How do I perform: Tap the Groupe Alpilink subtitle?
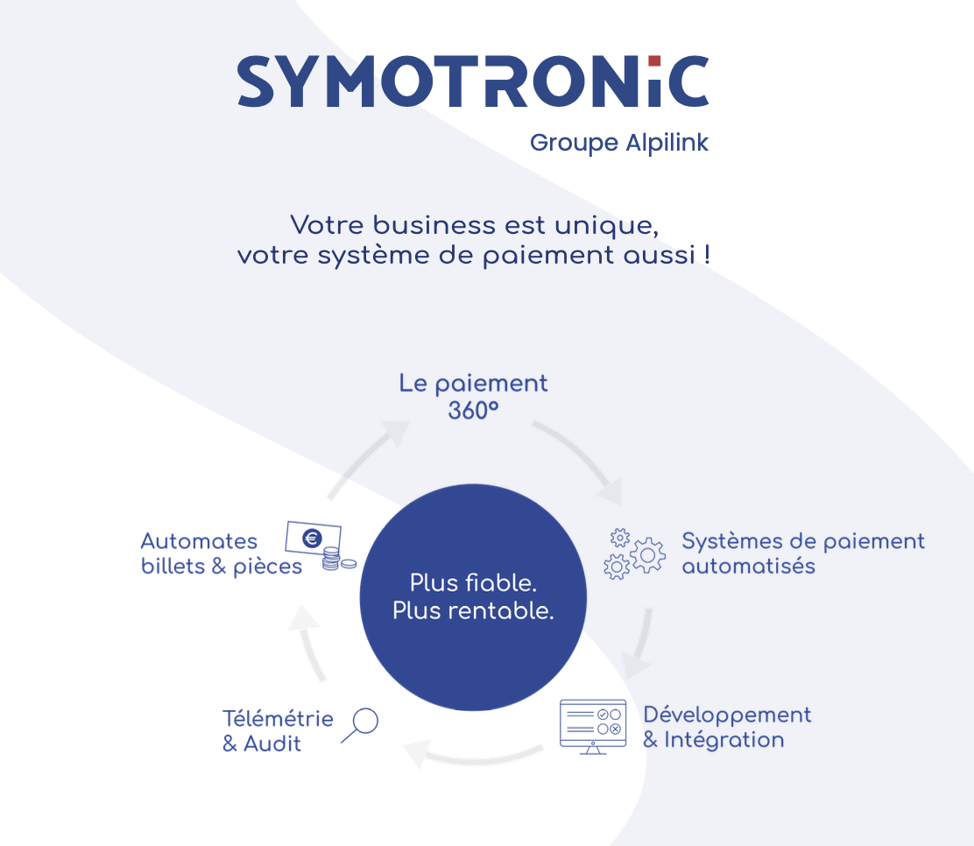pyautogui.click(x=618, y=143)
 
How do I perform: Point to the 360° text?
pyautogui.click(x=473, y=410)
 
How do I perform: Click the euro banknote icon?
pyautogui.click(x=312, y=539)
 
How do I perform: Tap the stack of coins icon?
pyautogui.click(x=333, y=559)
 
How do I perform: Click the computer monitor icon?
pyautogui.click(x=593, y=726)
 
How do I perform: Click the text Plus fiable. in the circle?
pyautogui.click(x=473, y=582)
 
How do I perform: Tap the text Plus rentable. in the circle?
pyautogui.click(x=473, y=610)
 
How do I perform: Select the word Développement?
pyautogui.click(x=727, y=715)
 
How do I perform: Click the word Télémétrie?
pyautogui.click(x=278, y=719)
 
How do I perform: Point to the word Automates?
pyautogui.click(x=199, y=541)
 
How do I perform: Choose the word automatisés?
pyautogui.click(x=748, y=566)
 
